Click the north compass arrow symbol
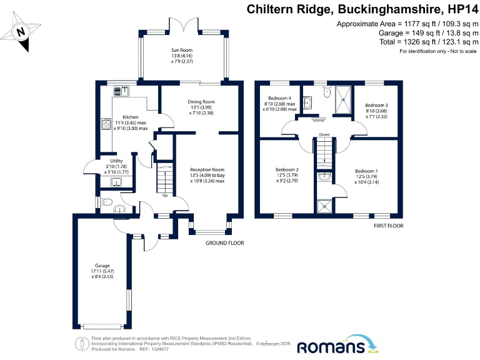(21, 31)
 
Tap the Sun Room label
(182, 49)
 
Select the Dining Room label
(201, 101)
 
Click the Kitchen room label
(130, 117)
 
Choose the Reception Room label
(207, 169)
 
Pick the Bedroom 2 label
(287, 169)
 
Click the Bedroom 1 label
(366, 171)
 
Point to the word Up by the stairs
(165, 196)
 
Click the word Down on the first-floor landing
(324, 134)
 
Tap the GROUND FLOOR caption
(224, 242)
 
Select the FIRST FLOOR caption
(388, 225)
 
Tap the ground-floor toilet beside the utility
(106, 202)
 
